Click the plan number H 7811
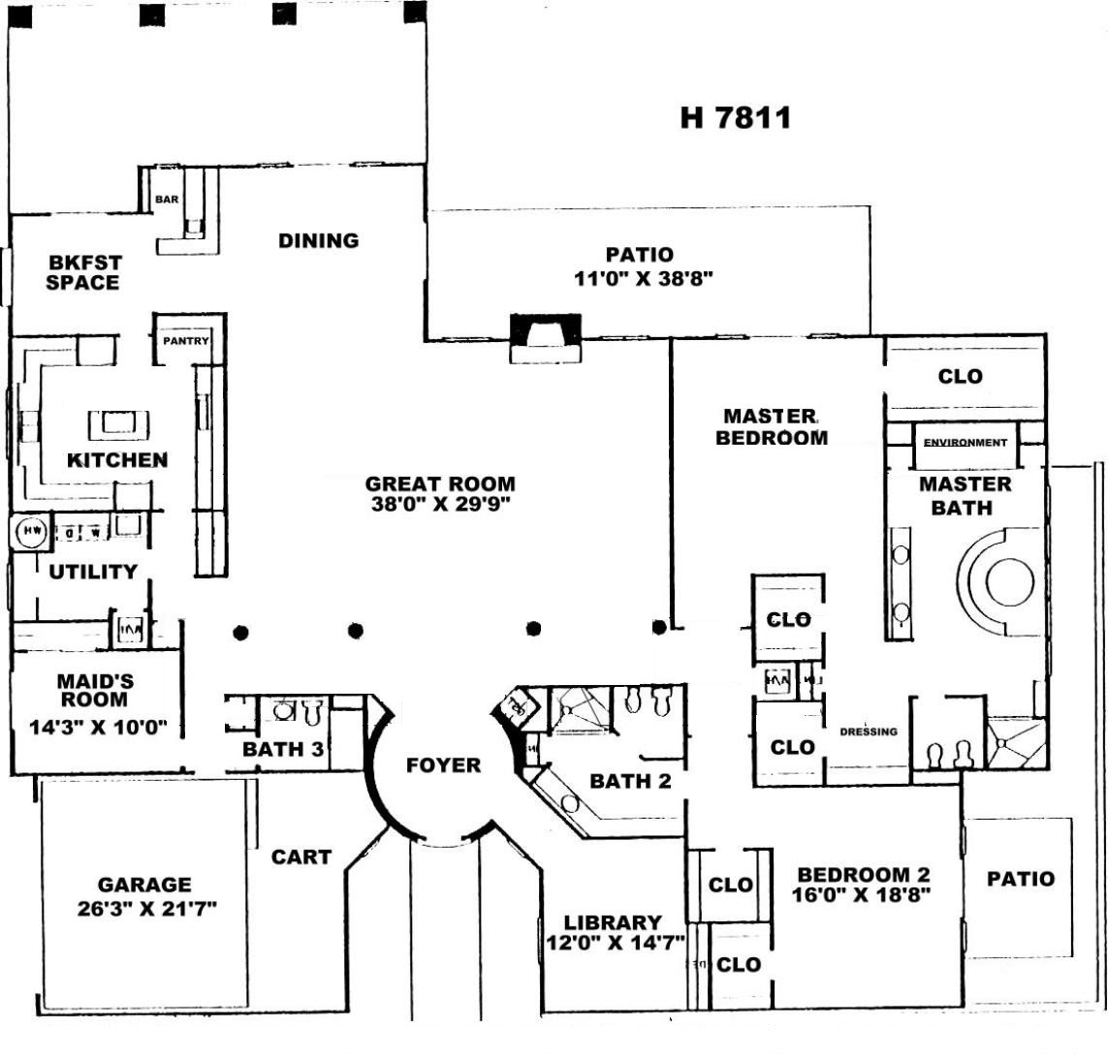(736, 118)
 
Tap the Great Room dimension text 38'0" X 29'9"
(440, 504)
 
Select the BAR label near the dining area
(167, 201)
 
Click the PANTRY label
(185, 341)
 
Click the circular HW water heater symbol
(31, 531)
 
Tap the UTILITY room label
(93, 572)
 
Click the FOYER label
(443, 765)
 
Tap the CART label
(301, 857)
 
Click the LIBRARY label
(613, 922)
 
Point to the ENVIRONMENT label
(965, 443)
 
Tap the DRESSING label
(868, 731)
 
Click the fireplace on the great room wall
(546, 334)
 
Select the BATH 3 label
(275, 749)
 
